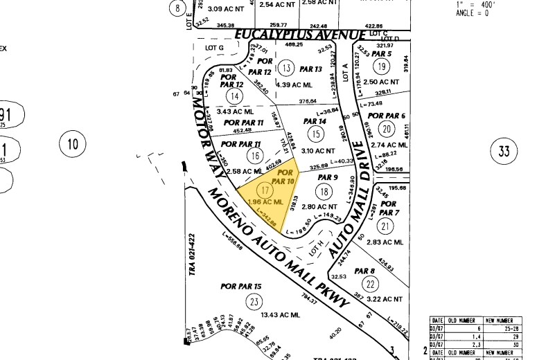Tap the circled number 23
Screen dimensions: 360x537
click(255, 301)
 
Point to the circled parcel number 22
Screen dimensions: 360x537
click(371, 285)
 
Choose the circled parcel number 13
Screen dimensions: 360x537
click(286, 67)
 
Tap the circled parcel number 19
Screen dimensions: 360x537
click(380, 66)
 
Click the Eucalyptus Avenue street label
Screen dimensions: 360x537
click(299, 35)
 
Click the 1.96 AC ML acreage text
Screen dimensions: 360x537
click(266, 201)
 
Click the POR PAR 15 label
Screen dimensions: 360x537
click(241, 286)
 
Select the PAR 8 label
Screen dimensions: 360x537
click(364, 271)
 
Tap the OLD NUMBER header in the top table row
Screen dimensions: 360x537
click(460, 320)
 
